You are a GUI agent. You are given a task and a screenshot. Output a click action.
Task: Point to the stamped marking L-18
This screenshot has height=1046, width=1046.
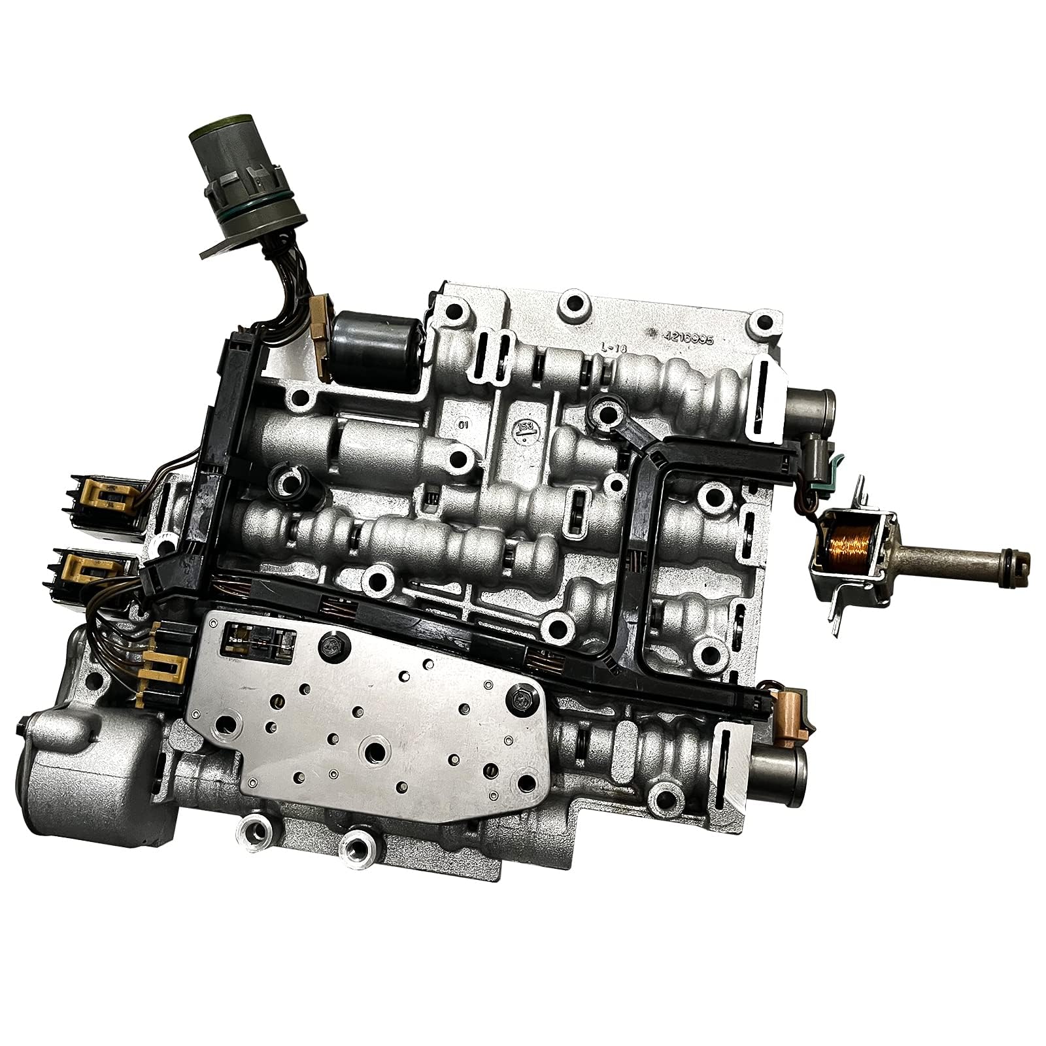pos(614,350)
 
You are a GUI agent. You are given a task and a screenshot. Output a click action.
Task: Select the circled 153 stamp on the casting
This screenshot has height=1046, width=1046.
pos(524,428)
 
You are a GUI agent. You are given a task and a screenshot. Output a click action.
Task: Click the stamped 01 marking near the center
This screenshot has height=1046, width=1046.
pos(464,424)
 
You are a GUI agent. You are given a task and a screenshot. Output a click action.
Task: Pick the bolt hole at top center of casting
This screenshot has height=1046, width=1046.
pos(575,303)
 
